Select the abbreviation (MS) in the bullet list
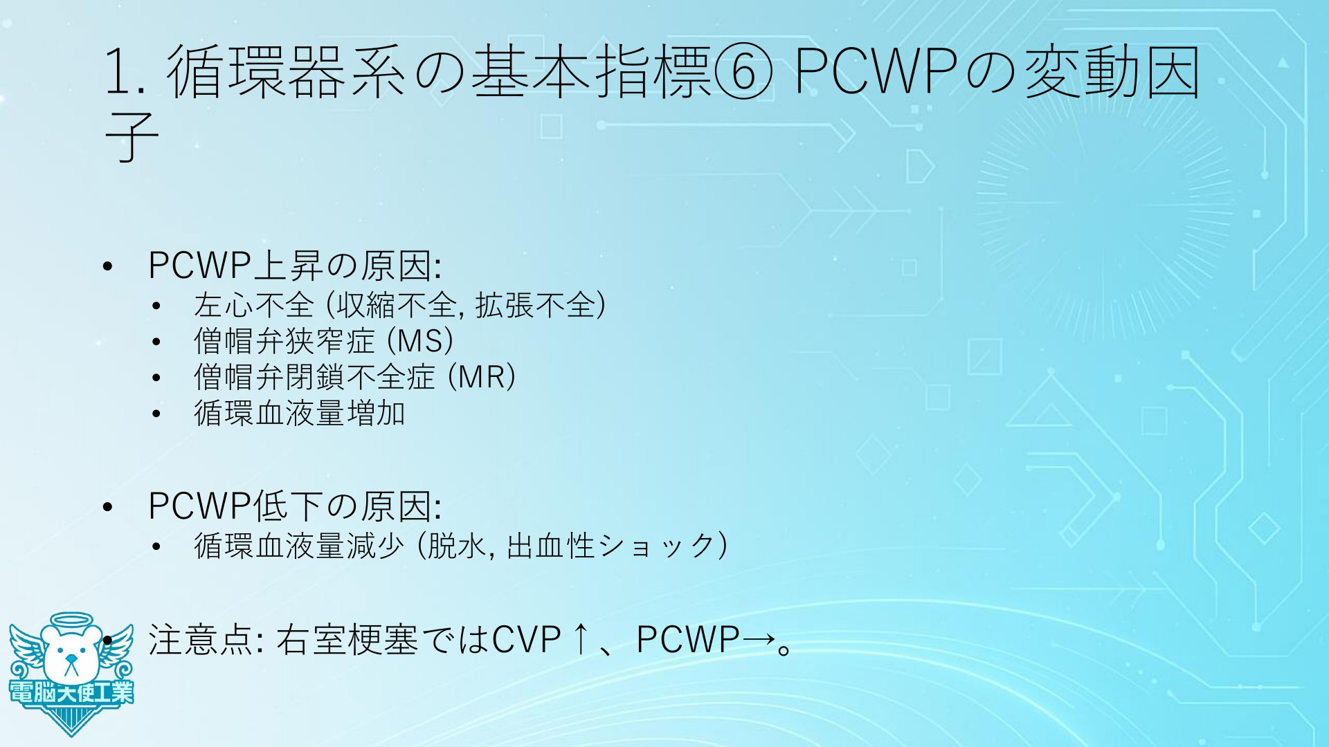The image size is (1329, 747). (x=419, y=341)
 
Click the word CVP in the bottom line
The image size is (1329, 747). (x=525, y=640)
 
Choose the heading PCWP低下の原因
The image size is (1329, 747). (x=294, y=507)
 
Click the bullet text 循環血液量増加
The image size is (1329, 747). (x=299, y=414)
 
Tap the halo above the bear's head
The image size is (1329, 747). (x=70, y=620)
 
